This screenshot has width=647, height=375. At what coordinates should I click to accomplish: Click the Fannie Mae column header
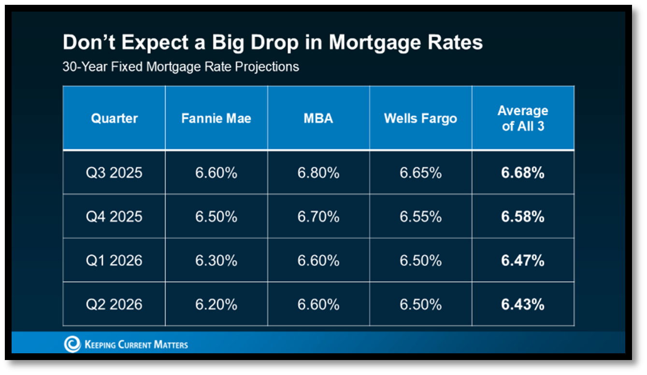[216, 118]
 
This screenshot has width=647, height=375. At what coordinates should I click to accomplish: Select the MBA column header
[318, 118]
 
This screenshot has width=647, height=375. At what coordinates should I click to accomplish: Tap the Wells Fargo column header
[420, 118]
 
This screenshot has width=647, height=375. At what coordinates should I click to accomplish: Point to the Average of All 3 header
[523, 118]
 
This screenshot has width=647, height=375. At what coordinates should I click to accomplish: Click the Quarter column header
[114, 118]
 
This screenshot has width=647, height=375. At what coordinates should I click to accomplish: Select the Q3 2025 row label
[114, 173]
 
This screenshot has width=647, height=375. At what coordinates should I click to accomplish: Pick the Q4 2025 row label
[114, 217]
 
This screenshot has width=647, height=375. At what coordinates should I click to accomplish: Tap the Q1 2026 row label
[114, 261]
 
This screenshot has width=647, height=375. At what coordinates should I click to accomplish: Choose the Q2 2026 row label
[114, 305]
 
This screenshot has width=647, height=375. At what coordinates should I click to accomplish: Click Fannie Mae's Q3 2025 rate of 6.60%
[216, 173]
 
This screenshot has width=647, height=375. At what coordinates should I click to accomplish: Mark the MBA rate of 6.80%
[318, 173]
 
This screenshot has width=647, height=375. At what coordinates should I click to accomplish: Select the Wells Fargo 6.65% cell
[420, 173]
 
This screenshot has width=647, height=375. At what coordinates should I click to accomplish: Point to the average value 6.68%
[523, 173]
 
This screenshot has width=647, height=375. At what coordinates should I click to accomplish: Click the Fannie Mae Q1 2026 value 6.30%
[216, 261]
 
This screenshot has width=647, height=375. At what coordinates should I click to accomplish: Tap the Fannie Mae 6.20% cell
[216, 305]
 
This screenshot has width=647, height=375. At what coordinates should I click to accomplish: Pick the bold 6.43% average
[523, 305]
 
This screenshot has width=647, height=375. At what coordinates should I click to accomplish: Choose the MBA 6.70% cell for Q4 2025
[318, 217]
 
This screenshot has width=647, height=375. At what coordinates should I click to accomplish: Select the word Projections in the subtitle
[267, 67]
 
